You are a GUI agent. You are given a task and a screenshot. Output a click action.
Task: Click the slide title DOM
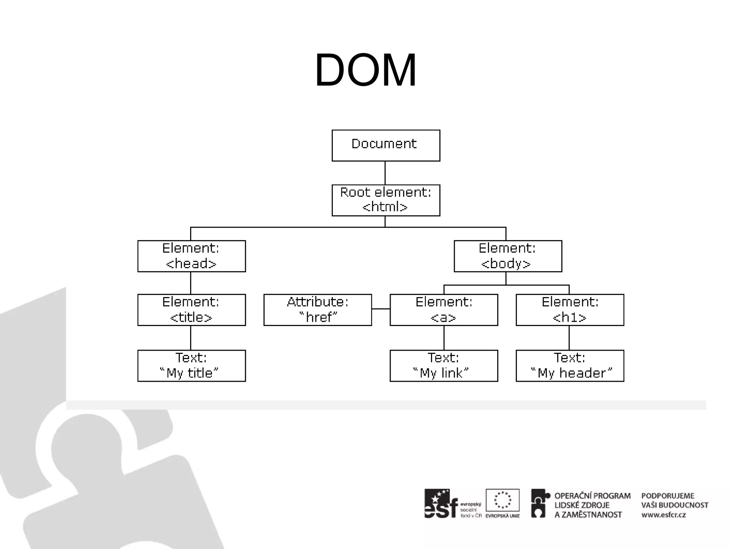click(365, 70)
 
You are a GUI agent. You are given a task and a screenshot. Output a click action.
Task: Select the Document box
click(386, 145)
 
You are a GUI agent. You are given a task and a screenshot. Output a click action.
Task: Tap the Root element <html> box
click(386, 200)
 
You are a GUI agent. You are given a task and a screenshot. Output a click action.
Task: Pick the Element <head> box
click(192, 256)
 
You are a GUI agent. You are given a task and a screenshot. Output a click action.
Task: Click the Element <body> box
click(508, 256)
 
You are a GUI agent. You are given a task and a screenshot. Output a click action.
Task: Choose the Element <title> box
click(192, 310)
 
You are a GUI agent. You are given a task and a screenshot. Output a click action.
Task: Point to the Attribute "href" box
click(317, 310)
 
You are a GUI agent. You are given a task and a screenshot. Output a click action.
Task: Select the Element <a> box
click(444, 310)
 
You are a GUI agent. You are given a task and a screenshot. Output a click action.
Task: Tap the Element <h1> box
click(570, 310)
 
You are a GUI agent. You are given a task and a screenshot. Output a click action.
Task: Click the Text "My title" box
click(192, 366)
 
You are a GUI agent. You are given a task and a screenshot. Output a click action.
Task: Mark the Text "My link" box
click(444, 366)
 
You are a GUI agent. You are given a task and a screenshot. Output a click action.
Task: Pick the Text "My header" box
click(570, 366)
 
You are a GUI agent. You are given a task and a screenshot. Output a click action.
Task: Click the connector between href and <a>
click(381, 308)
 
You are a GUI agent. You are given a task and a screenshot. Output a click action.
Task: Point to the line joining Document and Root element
click(385, 173)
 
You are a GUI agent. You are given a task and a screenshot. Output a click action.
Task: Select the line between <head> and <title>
click(191, 283)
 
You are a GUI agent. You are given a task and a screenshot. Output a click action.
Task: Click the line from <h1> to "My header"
click(569, 337)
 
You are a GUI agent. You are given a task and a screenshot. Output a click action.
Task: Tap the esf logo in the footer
click(441, 504)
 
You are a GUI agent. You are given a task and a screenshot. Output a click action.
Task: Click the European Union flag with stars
click(503, 500)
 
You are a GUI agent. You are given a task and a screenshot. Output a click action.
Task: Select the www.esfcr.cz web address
click(663, 515)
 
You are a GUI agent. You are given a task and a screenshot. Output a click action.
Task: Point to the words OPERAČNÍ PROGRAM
click(592, 496)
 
